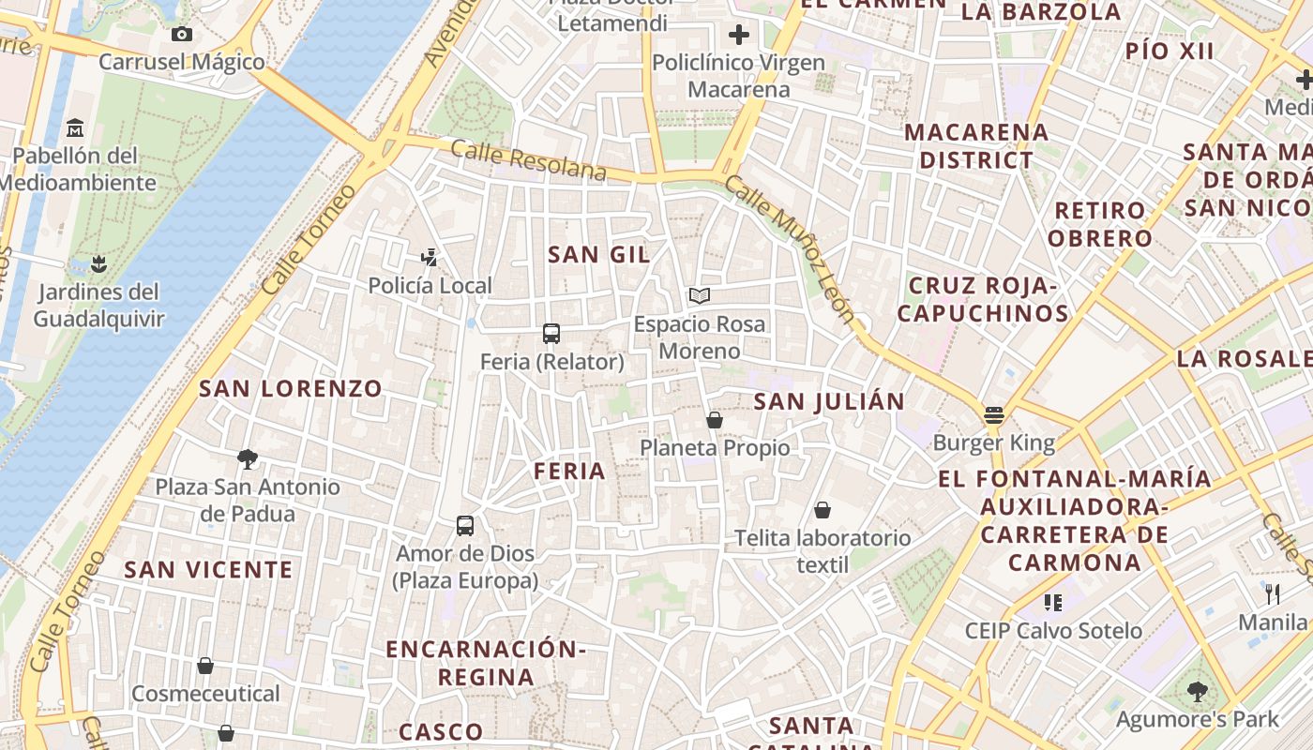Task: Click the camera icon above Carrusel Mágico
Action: [x=182, y=35]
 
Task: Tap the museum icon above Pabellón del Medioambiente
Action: [x=75, y=127]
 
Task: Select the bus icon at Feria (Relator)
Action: [x=551, y=334]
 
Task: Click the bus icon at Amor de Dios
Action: [x=465, y=526]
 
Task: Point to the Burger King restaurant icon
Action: [x=994, y=415]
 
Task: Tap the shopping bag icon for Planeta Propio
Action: [x=715, y=420]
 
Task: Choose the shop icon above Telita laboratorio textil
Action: [x=823, y=510]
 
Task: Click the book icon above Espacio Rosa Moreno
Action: [x=699, y=296]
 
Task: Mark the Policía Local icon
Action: [x=430, y=257]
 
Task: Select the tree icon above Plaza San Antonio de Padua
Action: [x=248, y=459]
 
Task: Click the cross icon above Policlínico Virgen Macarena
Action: [x=739, y=35]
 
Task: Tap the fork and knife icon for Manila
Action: [x=1273, y=593]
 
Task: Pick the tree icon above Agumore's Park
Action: [x=1197, y=692]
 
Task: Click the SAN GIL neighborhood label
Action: [x=598, y=254]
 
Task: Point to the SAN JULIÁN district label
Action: [x=830, y=402]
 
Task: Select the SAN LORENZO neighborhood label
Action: [x=291, y=388]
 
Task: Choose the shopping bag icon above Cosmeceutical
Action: [x=205, y=666]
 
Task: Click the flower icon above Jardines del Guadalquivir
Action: [x=98, y=263]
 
